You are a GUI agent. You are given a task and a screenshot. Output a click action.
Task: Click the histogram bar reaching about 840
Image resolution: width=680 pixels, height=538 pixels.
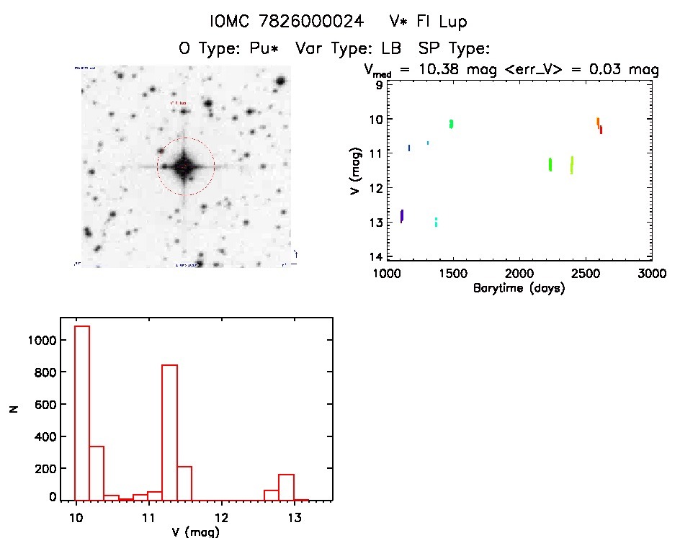click(x=169, y=432)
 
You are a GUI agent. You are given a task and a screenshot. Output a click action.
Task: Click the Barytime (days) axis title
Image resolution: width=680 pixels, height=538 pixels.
click(x=519, y=288)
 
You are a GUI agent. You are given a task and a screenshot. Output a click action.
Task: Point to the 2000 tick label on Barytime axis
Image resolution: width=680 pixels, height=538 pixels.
click(x=519, y=274)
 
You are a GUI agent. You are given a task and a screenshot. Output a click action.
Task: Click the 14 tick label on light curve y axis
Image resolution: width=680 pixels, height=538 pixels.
click(x=375, y=257)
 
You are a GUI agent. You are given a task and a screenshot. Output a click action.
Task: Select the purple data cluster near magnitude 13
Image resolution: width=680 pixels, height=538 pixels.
click(x=401, y=215)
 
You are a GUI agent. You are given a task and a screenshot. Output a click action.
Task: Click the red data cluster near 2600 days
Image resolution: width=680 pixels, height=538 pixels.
click(x=600, y=130)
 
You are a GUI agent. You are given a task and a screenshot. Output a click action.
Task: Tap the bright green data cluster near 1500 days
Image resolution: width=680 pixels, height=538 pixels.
click(x=451, y=124)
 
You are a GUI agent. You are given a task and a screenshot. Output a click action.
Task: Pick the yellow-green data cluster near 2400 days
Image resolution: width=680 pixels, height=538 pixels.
click(x=571, y=165)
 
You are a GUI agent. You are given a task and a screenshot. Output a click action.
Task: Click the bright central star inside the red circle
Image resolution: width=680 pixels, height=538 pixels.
click(x=184, y=166)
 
